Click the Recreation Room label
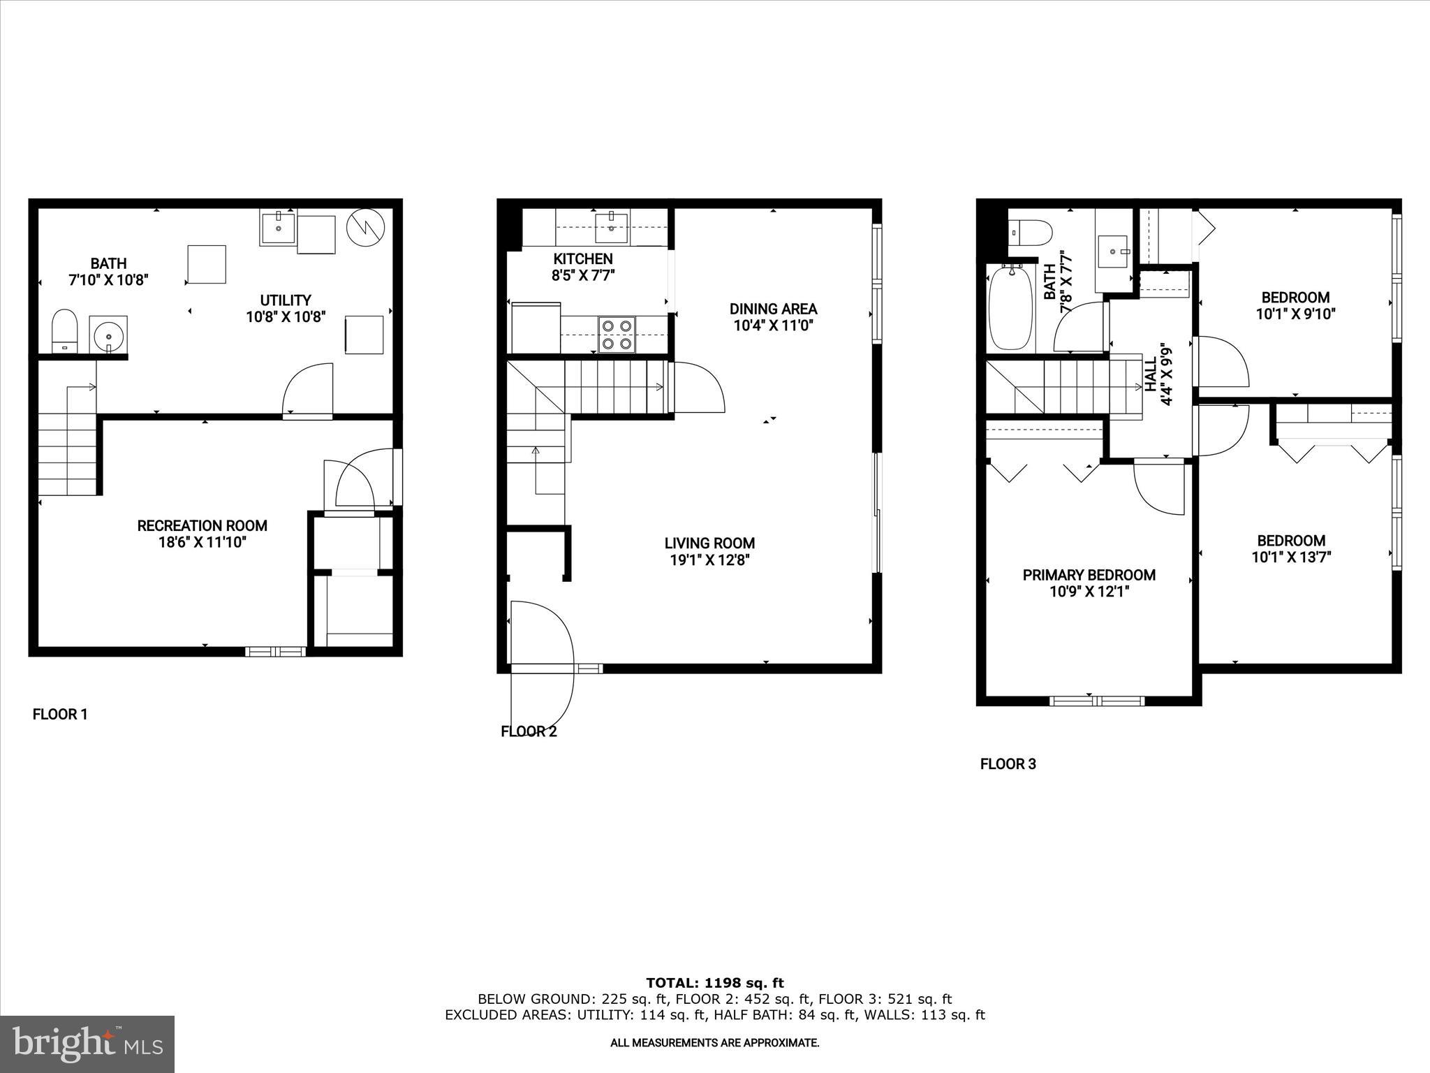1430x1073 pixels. pos(202,526)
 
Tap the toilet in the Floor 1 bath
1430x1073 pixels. pos(64,330)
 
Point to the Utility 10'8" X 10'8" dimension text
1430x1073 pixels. pos(285,317)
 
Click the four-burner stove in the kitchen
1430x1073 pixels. pos(617,334)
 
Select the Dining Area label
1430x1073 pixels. pos(773,309)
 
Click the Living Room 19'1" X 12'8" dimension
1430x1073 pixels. pos(709,560)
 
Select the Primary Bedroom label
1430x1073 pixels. pos(1089,575)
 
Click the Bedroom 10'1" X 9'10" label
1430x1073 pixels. pos(1295,306)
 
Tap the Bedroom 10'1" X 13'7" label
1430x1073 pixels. pos(1291,549)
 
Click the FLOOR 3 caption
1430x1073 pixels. pos(1008,764)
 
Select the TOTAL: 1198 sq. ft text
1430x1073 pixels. pos(714,984)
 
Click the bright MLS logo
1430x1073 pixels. pos(87,1044)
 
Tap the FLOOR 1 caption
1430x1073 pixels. pos(60,715)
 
